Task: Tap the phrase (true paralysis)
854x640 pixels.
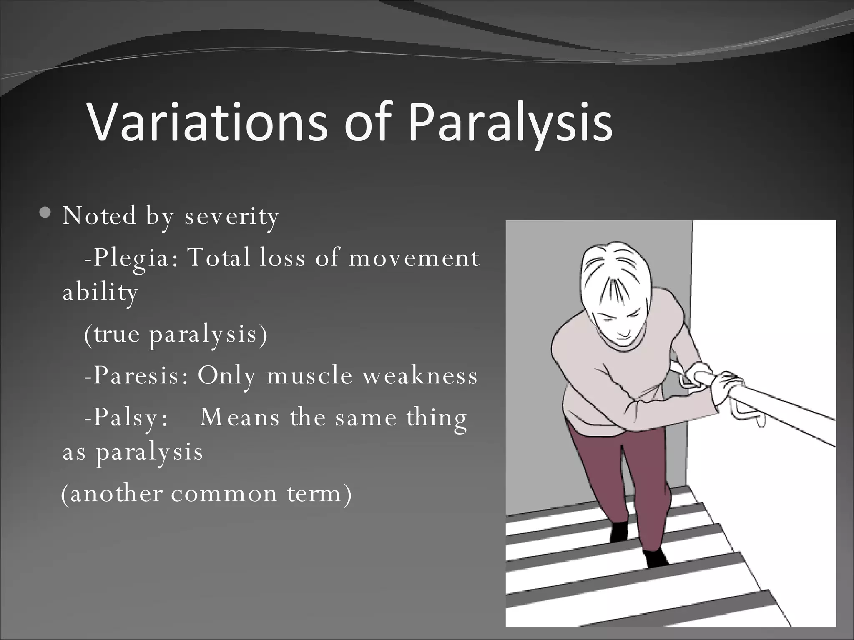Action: tap(176, 334)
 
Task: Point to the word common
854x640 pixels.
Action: tap(224, 494)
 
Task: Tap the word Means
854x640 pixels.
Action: tap(239, 417)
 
